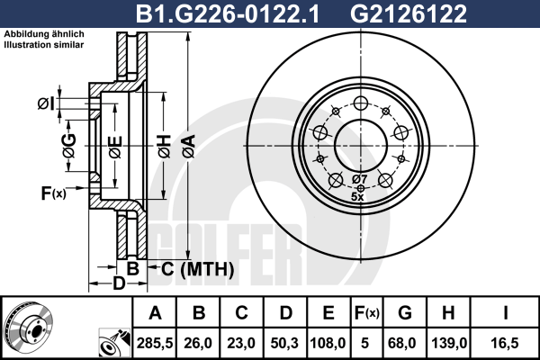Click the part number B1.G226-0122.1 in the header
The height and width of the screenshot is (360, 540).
pyautogui.click(x=228, y=13)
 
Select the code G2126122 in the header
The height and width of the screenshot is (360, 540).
pyautogui.click(x=409, y=13)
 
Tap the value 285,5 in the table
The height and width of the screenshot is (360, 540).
pyautogui.click(x=155, y=344)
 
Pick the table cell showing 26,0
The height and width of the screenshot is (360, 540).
pyautogui.click(x=198, y=344)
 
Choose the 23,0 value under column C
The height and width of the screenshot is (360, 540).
pyautogui.click(x=241, y=344)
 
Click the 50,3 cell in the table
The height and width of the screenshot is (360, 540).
pyautogui.click(x=284, y=344)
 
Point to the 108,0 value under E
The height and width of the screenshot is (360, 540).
pyautogui.click(x=328, y=344)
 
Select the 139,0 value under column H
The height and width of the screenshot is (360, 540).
pyautogui.click(x=448, y=344)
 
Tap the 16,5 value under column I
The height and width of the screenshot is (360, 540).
pyautogui.click(x=505, y=344)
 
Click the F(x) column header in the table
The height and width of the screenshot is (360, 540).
pyautogui.click(x=366, y=313)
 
